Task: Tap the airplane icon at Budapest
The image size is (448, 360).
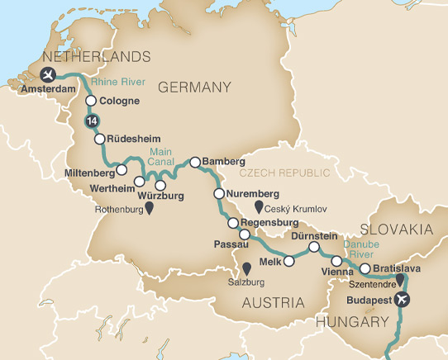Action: pyautogui.click(x=403, y=299)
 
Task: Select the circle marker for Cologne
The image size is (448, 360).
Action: pyautogui.click(x=90, y=102)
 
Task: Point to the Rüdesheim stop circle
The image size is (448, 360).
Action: pyautogui.click(x=100, y=140)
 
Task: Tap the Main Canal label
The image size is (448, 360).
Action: pyautogui.click(x=161, y=157)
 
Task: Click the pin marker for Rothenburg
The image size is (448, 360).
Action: pyautogui.click(x=150, y=210)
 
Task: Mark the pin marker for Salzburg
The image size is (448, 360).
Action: pyautogui.click(x=245, y=268)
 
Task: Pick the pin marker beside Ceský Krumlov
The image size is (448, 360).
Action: pyautogui.click(x=259, y=206)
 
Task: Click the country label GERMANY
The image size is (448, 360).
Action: pyautogui.click(x=194, y=87)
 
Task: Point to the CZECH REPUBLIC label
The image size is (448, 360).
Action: pyautogui.click(x=284, y=173)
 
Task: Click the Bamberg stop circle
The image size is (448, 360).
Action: pyautogui.click(x=195, y=163)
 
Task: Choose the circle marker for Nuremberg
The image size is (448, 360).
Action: pyautogui.click(x=219, y=194)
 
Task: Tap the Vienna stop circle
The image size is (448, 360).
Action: pyautogui.click(x=336, y=261)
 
